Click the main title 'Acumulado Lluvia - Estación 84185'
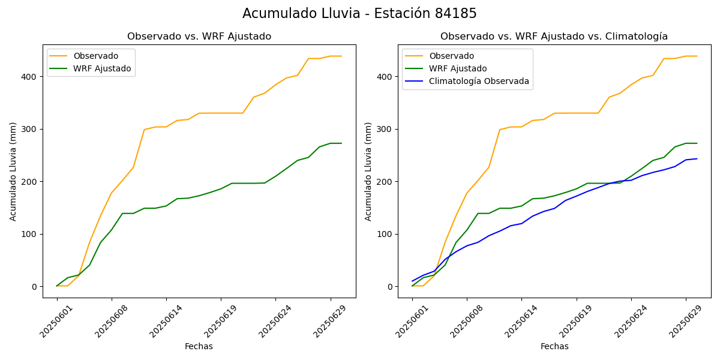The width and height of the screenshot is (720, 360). click(359, 14)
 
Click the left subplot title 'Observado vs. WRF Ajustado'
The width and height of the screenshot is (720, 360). click(199, 37)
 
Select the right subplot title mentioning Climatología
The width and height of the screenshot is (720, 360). click(554, 37)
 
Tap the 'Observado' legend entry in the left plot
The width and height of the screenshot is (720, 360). click(95, 56)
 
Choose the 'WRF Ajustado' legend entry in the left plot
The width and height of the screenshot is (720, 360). click(102, 68)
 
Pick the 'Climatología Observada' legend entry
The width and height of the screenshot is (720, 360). click(479, 81)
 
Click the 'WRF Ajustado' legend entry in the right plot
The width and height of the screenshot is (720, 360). click(458, 68)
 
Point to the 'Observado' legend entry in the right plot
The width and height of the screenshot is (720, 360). click(451, 56)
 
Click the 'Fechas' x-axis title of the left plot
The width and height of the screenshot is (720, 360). click(199, 346)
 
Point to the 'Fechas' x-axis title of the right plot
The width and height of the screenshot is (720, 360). click(554, 346)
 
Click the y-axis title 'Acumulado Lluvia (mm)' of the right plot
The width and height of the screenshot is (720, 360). click(368, 171)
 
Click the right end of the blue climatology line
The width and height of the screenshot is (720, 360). click(697, 158)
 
